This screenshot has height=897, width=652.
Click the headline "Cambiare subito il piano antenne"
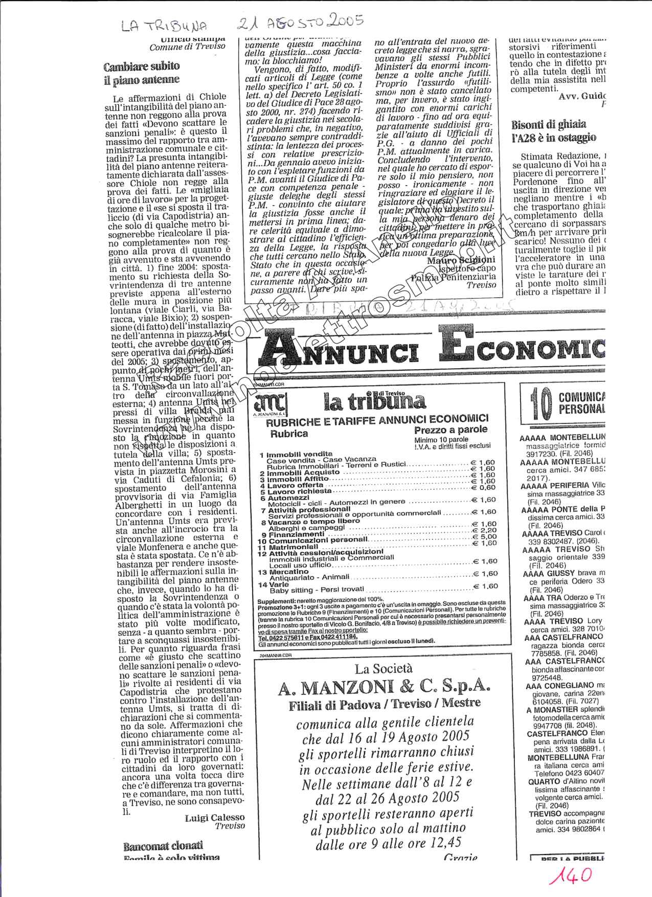[141, 73]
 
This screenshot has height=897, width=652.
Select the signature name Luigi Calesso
[214, 818]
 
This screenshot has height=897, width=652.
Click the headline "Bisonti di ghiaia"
[549, 124]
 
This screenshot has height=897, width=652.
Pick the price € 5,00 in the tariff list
[483, 536]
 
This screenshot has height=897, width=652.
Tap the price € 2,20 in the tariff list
[483, 530]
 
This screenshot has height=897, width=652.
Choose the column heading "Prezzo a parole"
[451, 430]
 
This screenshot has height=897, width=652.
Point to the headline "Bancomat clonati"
[163, 846]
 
